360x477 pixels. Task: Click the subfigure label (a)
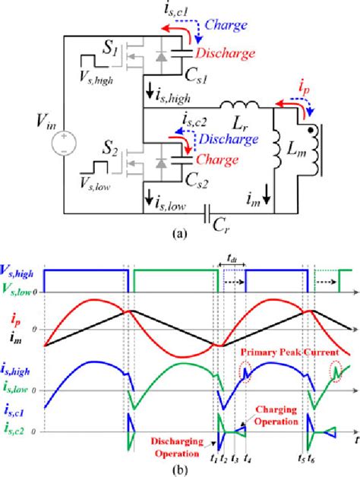(181, 235)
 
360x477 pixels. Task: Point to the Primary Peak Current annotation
(279, 352)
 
